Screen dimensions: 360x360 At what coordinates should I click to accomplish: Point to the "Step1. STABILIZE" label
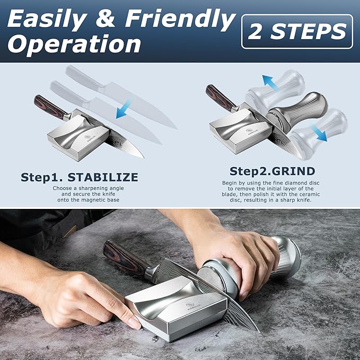(x=80, y=177)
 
